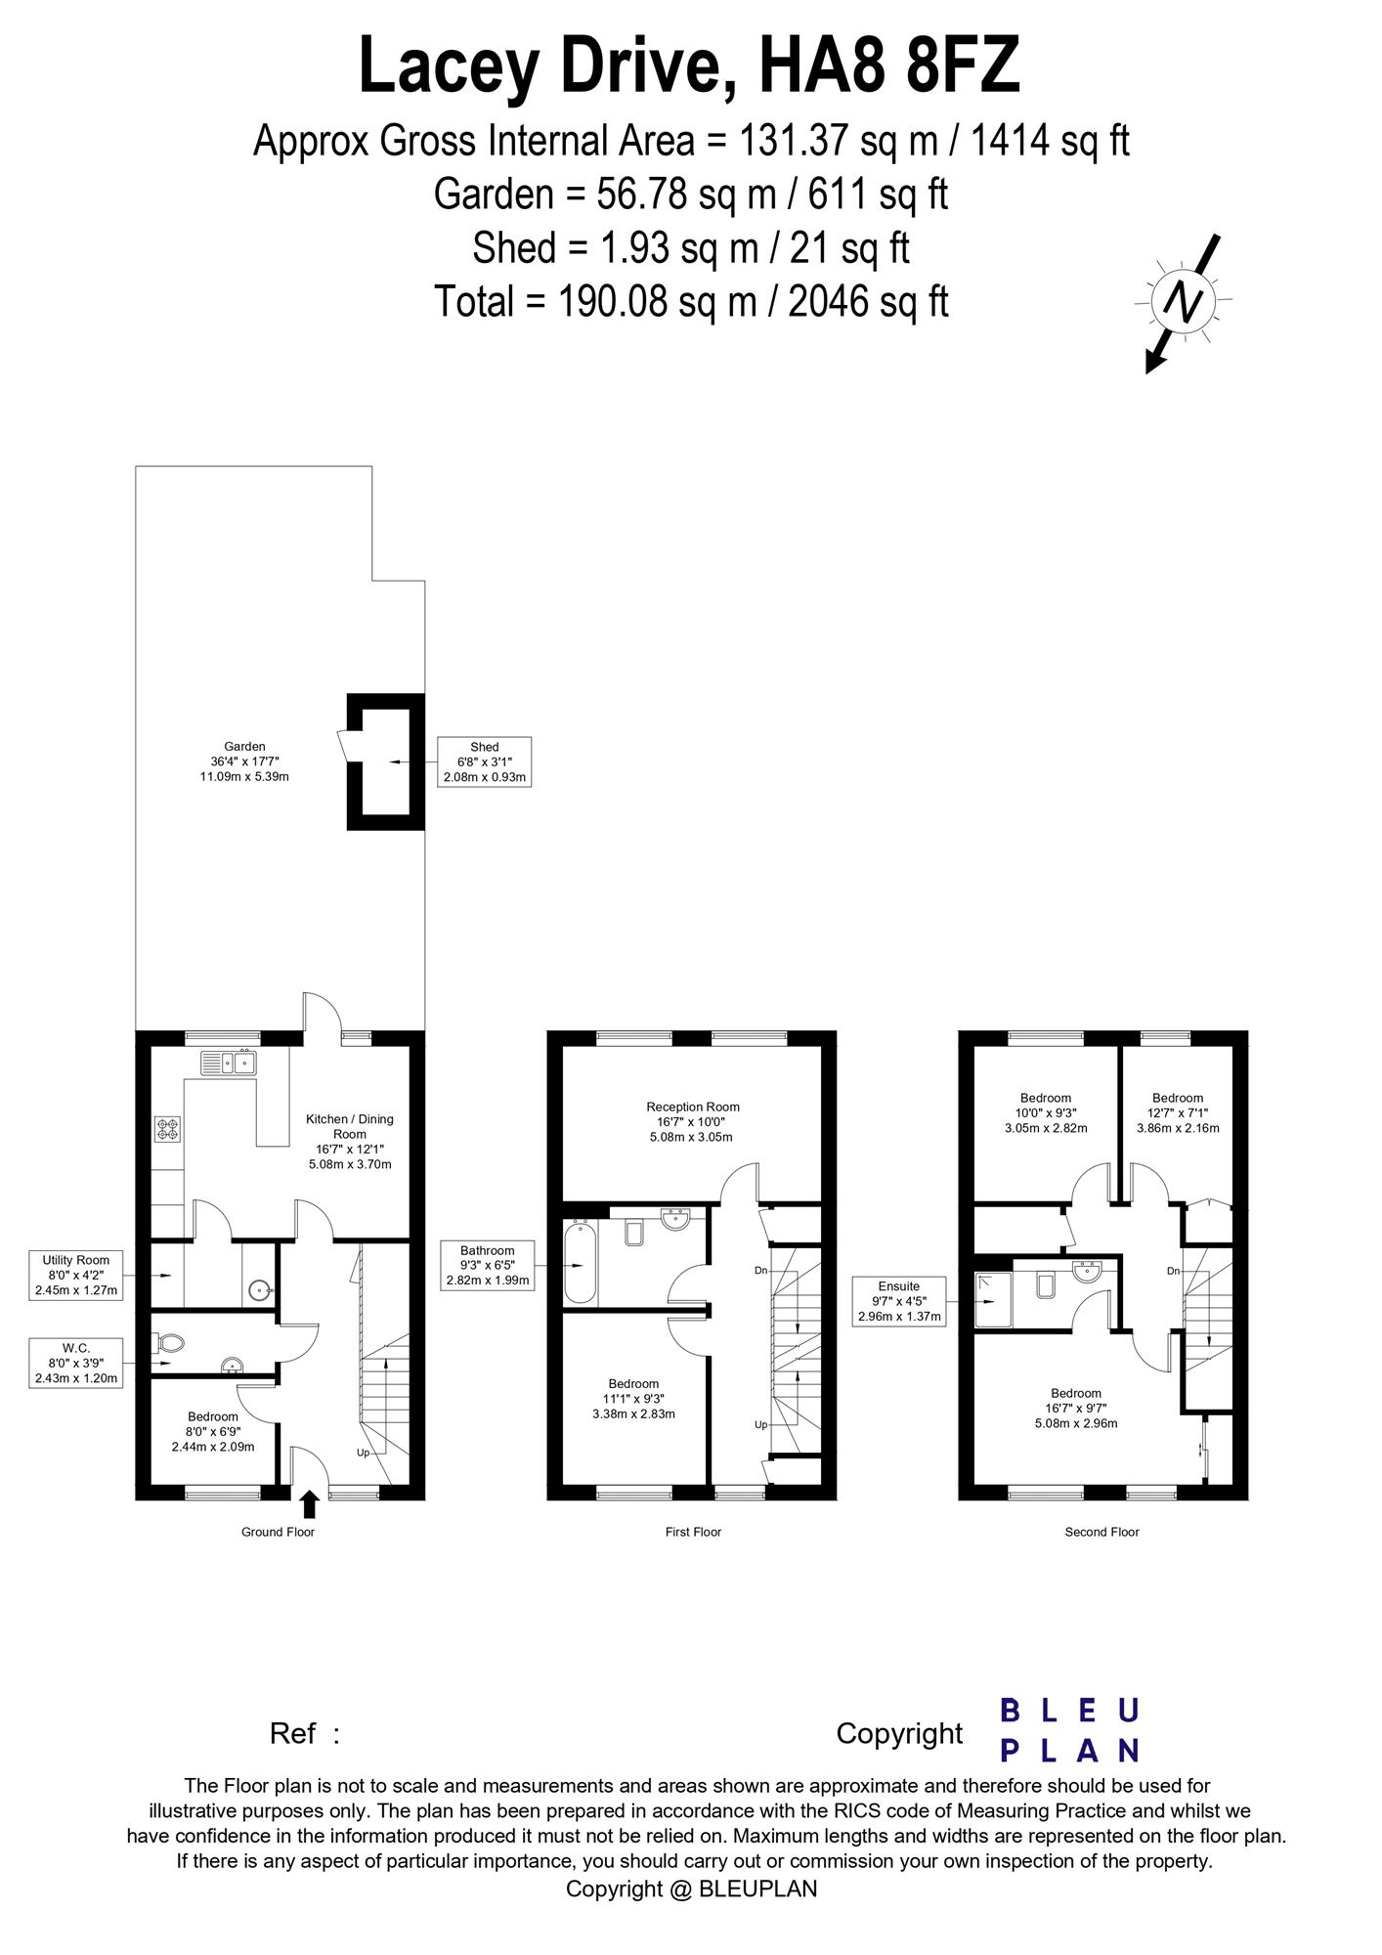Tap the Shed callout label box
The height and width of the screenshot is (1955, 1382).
point(485,761)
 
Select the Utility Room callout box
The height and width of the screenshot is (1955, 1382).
point(76,1276)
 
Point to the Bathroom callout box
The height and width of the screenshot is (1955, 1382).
point(488,1265)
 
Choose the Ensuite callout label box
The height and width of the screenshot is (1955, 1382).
point(899,1301)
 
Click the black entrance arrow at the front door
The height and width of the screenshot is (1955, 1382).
point(309,1503)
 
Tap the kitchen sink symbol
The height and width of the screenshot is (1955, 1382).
point(228,1062)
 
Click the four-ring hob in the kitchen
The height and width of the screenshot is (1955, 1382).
point(167,1129)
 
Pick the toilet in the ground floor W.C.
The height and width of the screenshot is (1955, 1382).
point(167,1345)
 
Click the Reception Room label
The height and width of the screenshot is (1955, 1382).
point(693,1122)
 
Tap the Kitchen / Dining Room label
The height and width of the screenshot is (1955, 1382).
point(350,1142)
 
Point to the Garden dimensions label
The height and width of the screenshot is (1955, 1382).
point(244,761)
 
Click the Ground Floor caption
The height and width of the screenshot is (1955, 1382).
point(279,1532)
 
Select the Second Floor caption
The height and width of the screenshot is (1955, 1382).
point(1102,1532)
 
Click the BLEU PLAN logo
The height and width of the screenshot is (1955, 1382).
point(1070,1729)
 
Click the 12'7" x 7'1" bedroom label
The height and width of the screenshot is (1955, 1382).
point(1178,1112)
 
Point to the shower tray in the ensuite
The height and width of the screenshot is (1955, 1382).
point(994,1299)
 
